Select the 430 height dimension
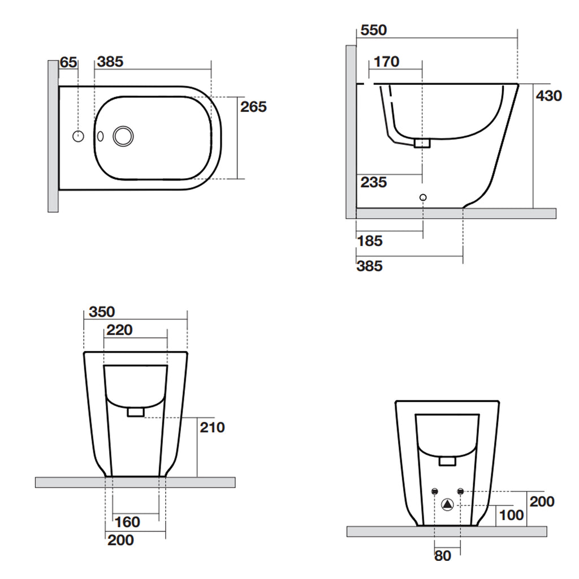tap(548, 96)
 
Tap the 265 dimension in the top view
tap(253, 107)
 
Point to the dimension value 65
tap(68, 62)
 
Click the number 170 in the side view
tap(387, 62)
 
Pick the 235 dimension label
tap(374, 183)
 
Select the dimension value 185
tap(370, 241)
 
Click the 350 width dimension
tap(102, 312)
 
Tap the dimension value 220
tap(120, 330)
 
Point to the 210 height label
tap(212, 427)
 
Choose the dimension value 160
tap(127, 522)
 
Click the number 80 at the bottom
tap(443, 556)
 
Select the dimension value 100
tap(511, 516)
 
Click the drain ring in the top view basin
tap(123, 136)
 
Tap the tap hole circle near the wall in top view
tap(79, 136)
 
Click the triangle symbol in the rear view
tap(447, 504)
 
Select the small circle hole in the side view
tap(423, 197)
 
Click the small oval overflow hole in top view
tap(101, 136)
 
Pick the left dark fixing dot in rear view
tap(435, 491)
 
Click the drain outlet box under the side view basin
tap(422, 144)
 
